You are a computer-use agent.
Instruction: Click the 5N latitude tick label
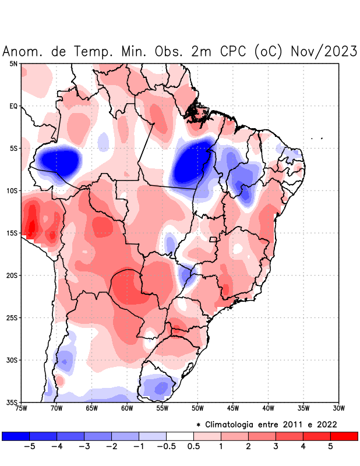click(13, 63)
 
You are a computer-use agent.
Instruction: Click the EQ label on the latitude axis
click(13, 106)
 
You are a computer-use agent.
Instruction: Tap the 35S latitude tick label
click(11, 402)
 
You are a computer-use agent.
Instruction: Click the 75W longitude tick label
click(21, 408)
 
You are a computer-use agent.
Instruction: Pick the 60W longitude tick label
click(127, 408)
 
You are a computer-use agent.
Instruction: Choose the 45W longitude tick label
click(233, 408)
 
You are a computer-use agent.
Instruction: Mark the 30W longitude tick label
click(339, 408)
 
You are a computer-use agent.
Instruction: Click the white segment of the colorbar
click(180, 436)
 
